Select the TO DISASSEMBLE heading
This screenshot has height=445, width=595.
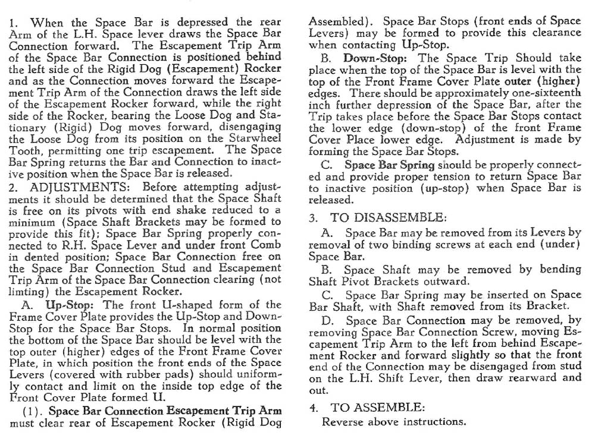[x=383, y=217]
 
